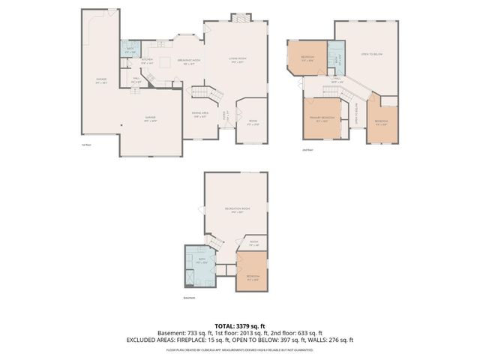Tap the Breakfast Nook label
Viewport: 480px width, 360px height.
(187, 61)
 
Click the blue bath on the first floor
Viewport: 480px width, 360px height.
(130, 50)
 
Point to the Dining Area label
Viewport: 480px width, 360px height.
(200, 115)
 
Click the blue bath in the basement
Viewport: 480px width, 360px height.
(200, 264)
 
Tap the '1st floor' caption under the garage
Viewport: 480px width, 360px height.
(88, 145)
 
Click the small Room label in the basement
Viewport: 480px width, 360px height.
(254, 244)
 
